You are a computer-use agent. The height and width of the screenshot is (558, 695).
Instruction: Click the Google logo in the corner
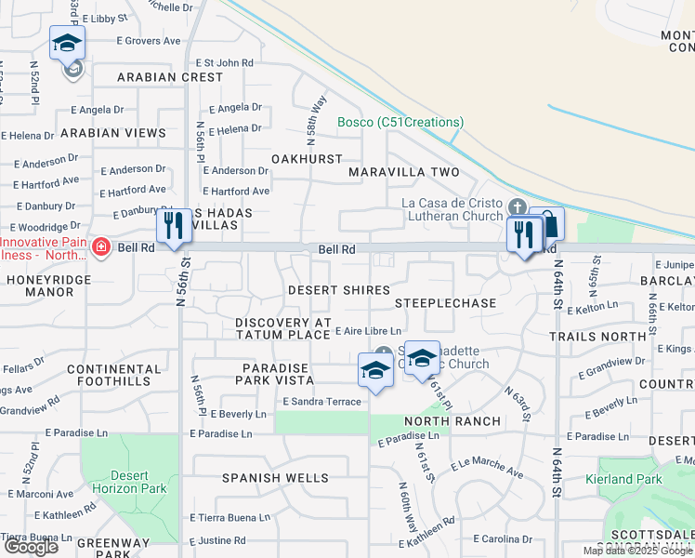coord(30,547)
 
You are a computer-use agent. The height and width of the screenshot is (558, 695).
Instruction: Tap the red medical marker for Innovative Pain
coord(101,247)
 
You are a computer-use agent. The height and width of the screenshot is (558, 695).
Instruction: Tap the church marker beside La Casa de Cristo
coord(518,206)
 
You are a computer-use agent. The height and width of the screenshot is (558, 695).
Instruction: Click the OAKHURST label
coord(307,159)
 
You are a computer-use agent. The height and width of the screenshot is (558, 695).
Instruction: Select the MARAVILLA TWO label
coord(404,173)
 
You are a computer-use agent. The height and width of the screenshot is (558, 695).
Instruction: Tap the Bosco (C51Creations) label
coord(400,122)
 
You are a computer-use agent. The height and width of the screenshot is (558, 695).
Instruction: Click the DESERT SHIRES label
coord(338,290)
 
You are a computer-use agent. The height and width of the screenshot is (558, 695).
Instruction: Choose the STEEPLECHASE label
coord(445,303)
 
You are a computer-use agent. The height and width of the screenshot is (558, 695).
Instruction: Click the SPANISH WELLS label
coord(275,478)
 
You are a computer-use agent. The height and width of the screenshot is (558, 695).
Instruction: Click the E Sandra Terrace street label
coord(321,401)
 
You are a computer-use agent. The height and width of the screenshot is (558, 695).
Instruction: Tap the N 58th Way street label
coord(313,112)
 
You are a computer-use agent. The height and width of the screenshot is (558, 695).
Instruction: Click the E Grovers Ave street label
coord(148,41)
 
